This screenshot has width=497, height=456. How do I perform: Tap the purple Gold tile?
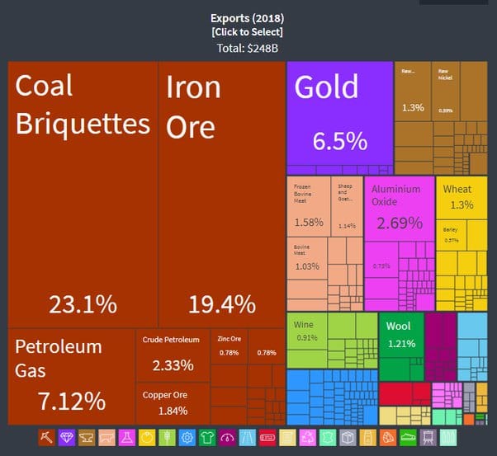coord(339,115)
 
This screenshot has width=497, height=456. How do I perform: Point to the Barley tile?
coord(451,235)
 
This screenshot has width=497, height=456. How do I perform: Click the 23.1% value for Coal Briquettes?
coord(83,304)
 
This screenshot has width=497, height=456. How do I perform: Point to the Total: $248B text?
coord(248,48)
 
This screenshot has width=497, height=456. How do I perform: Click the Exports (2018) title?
coord(248,17)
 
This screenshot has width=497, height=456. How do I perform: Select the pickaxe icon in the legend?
coord(47,437)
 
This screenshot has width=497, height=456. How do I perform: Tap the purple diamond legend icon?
coord(67,437)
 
